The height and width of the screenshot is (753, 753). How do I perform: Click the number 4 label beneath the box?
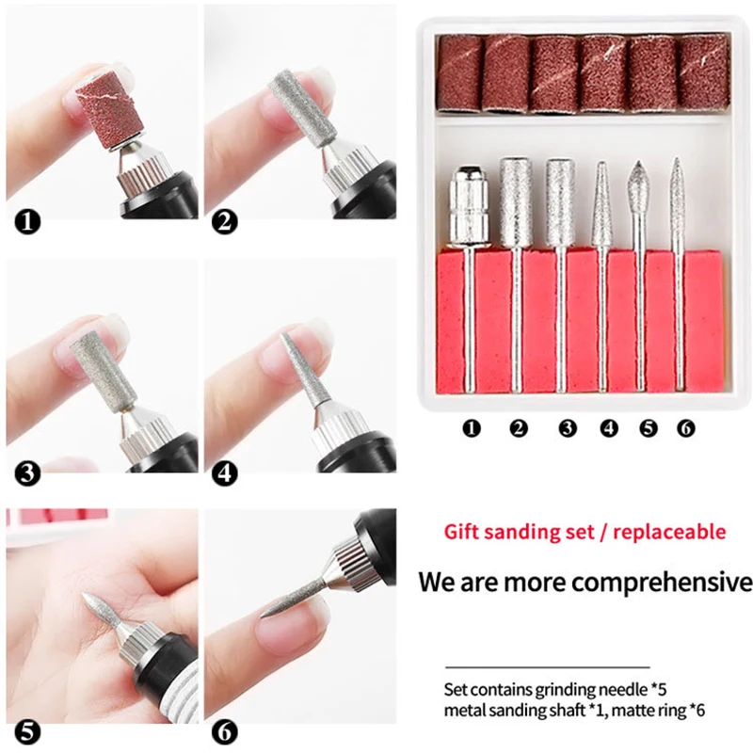click(608, 428)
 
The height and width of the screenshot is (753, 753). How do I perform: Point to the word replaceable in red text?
click(671, 532)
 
